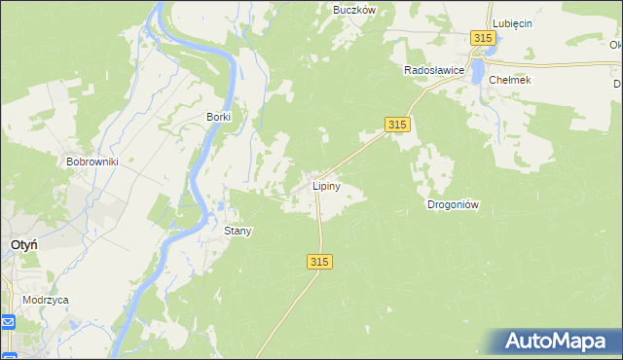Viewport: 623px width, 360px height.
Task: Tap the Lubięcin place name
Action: click(512, 23)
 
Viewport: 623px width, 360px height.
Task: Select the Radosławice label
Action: click(433, 71)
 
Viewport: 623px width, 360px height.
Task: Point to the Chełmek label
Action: click(510, 80)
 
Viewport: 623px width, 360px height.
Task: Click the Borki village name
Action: click(218, 117)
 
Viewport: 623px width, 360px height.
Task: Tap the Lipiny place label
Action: click(325, 185)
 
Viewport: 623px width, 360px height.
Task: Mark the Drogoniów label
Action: click(453, 205)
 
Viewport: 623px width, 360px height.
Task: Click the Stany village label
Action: click(238, 232)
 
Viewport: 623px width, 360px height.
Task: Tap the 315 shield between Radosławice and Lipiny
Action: click(396, 125)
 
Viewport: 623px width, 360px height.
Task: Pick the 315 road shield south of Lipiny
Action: click(320, 262)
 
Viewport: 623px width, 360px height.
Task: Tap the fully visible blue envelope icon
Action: click(8, 322)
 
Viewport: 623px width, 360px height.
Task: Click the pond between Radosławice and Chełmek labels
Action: click(477, 70)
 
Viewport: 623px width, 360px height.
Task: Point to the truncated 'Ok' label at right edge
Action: click(616, 45)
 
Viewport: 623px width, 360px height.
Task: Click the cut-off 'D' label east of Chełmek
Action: click(618, 85)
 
